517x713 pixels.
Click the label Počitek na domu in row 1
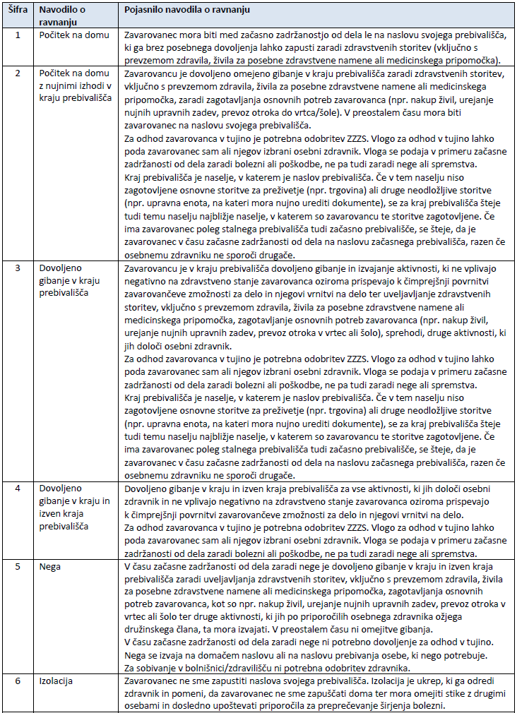pyautogui.click(x=72, y=35)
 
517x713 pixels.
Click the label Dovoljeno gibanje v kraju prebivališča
pyautogui.click(x=69, y=281)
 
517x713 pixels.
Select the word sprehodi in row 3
pyautogui.click(x=379, y=332)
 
